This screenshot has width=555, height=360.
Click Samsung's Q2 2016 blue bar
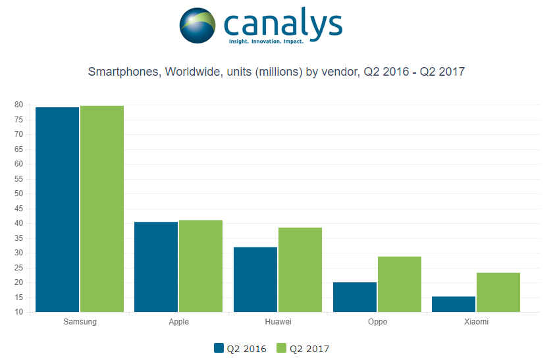[x=57, y=209]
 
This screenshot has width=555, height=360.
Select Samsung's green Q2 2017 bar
[x=102, y=209]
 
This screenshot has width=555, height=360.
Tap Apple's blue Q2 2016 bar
[x=156, y=267]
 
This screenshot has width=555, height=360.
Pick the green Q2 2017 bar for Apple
[x=201, y=266]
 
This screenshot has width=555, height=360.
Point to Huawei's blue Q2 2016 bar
[x=255, y=279]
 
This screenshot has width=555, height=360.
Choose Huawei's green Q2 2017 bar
[x=300, y=270]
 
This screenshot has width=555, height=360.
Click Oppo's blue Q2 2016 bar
[x=355, y=297]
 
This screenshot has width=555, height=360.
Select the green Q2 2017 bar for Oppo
[x=400, y=284]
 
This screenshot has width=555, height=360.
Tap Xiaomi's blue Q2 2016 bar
[x=454, y=304]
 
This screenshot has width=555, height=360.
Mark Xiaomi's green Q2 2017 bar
[x=498, y=292]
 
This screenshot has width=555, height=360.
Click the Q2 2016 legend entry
[x=240, y=349]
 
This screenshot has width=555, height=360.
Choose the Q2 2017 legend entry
[x=303, y=349]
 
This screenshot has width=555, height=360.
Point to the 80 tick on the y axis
[x=19, y=105]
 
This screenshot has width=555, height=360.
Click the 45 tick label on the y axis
[x=19, y=209]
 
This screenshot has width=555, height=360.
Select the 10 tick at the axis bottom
[x=19, y=312]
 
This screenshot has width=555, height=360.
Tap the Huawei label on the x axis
[x=277, y=322]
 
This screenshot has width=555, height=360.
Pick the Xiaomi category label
[x=476, y=322]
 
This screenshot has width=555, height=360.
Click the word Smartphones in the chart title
[x=123, y=72]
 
